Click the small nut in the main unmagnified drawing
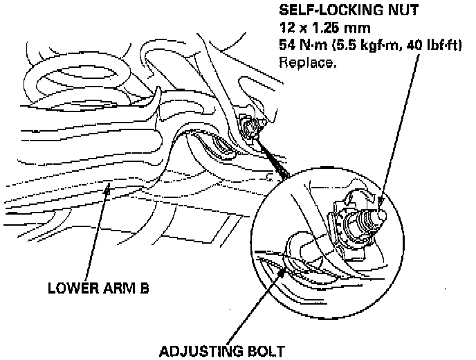click(250, 127)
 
